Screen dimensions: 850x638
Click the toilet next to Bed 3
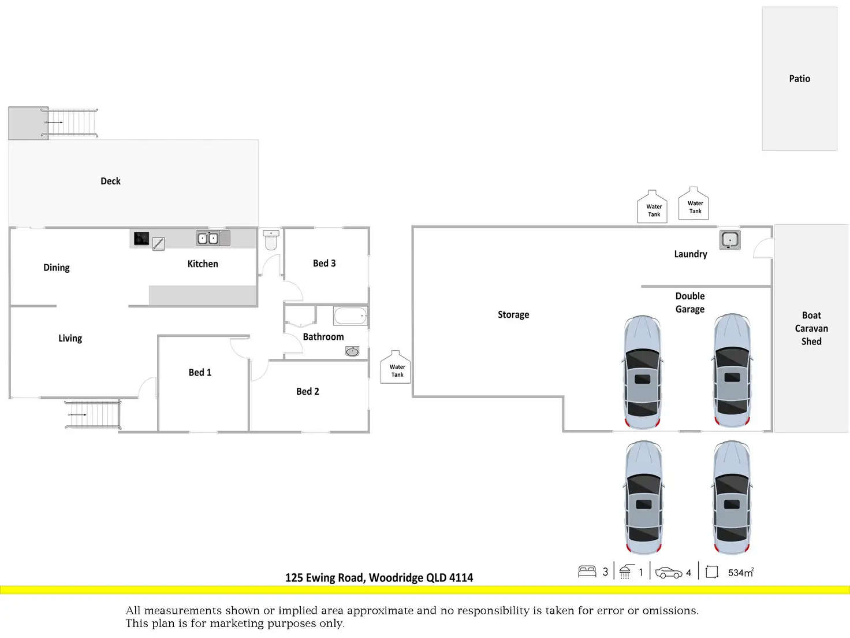tap(271, 240)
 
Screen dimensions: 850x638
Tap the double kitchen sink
tap(208, 238)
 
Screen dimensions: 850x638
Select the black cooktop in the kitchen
tap(141, 239)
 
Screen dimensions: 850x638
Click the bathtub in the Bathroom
tap(351, 316)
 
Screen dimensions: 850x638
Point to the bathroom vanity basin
tap(352, 351)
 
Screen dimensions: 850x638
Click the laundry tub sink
tap(730, 240)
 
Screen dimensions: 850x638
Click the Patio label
tap(800, 79)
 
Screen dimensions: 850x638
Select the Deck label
tap(110, 181)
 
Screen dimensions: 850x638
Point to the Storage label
tap(513, 314)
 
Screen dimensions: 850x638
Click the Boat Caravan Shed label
tap(811, 328)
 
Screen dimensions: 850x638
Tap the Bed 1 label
tap(200, 372)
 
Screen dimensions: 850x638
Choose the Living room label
tap(70, 338)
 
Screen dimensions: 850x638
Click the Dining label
tap(57, 268)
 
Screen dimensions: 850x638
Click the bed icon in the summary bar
tap(587, 572)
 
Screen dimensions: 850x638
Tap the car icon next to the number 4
tap(669, 573)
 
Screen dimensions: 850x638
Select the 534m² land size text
tap(741, 572)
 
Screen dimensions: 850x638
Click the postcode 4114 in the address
tap(461, 577)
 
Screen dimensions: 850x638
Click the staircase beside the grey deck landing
tap(70, 123)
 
